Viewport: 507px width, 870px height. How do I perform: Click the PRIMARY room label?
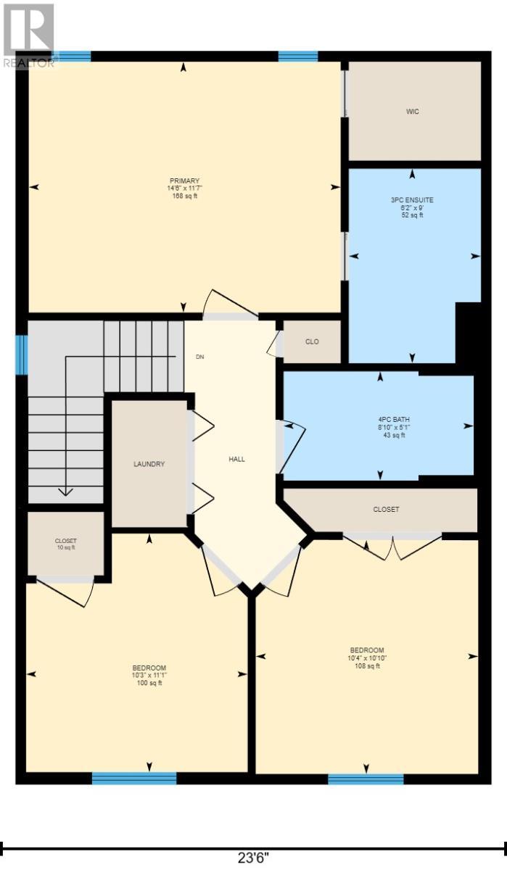click(184, 181)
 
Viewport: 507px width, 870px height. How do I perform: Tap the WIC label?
click(413, 112)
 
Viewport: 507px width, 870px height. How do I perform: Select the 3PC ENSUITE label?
click(412, 199)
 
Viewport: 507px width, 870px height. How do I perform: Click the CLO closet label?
click(312, 342)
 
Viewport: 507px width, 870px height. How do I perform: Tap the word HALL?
click(237, 459)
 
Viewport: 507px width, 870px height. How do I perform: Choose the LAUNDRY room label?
click(149, 464)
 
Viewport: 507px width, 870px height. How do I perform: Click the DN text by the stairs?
click(200, 357)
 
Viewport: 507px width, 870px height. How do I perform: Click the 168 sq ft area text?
click(184, 196)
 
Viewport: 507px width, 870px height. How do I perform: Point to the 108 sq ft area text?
click(368, 666)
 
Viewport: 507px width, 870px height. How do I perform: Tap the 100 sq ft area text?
click(149, 683)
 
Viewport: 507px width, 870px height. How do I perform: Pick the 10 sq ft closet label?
click(65, 548)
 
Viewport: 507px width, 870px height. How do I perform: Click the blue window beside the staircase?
click(22, 355)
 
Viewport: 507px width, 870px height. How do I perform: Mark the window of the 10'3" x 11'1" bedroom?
click(134, 779)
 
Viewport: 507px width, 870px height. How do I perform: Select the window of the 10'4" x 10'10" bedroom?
click(366, 779)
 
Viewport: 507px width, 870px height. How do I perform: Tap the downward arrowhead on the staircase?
click(65, 491)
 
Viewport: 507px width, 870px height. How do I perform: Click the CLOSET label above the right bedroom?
click(386, 510)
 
